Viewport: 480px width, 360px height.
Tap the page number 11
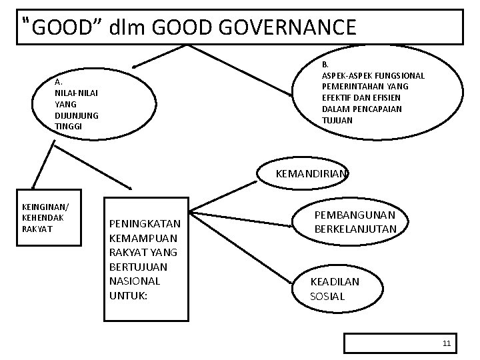(x=447, y=344)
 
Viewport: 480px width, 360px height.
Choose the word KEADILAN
(x=335, y=281)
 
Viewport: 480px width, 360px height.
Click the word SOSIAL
(x=328, y=296)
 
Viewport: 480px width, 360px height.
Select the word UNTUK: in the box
(x=128, y=294)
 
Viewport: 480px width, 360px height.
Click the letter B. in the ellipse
(x=325, y=65)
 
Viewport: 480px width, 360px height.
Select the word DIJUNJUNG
(x=77, y=115)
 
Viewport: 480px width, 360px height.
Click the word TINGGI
(x=69, y=126)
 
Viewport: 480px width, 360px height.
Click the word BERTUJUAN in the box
(x=137, y=266)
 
